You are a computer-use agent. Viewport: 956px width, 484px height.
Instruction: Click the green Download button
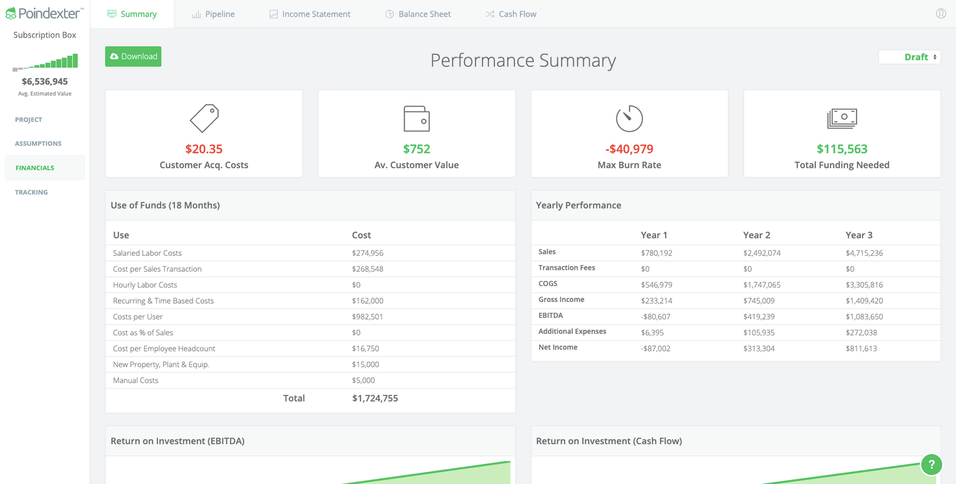[133, 57]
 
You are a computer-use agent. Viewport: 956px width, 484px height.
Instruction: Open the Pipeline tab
[213, 14]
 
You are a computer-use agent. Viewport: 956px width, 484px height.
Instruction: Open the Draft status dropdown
[909, 57]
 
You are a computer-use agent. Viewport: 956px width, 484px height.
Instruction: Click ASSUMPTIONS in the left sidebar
[38, 144]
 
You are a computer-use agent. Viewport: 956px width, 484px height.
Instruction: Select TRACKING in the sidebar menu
[31, 192]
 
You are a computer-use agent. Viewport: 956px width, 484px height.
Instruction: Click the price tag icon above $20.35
[204, 118]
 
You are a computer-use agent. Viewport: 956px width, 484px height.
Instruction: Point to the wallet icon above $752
[416, 118]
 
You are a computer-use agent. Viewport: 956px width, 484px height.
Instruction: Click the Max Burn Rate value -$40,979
[629, 149]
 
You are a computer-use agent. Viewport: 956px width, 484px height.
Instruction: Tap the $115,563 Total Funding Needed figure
[842, 149]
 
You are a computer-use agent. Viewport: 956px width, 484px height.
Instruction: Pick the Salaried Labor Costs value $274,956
[367, 253]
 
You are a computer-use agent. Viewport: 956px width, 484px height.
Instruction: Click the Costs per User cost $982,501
[367, 317]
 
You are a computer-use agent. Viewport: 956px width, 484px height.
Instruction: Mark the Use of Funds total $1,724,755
[375, 398]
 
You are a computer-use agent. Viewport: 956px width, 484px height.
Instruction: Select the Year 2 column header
[756, 235]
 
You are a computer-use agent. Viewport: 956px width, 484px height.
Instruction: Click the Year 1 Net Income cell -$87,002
[655, 349]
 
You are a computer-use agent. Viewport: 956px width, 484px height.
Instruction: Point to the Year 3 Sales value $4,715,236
[864, 253]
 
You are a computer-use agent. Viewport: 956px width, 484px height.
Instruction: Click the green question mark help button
[931, 464]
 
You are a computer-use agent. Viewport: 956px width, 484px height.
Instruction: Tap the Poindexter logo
[44, 13]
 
